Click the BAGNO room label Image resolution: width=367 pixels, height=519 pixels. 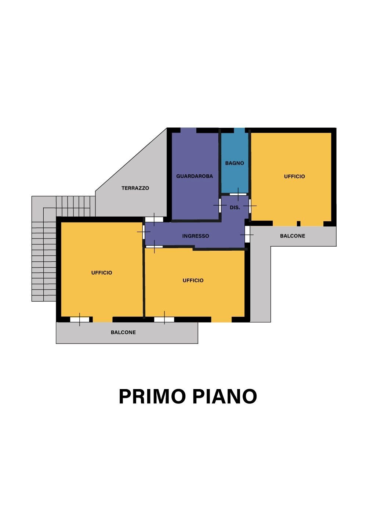[x=235, y=163]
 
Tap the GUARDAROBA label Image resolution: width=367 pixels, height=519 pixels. [x=195, y=176]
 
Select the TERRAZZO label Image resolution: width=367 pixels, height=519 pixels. [x=135, y=188]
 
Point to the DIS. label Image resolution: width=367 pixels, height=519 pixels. [x=235, y=207]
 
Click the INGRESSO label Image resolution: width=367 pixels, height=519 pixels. [x=196, y=236]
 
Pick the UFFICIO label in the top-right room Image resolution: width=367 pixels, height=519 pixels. [x=294, y=177]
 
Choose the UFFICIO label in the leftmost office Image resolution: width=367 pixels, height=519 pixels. [x=102, y=273]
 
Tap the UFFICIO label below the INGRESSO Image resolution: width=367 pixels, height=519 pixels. [x=193, y=280]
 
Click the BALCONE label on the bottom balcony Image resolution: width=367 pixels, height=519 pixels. [x=123, y=332]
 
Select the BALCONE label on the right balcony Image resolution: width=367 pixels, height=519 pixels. [x=292, y=236]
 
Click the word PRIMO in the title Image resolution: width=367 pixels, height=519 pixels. [x=152, y=396]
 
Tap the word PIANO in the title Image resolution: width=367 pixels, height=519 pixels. [x=225, y=396]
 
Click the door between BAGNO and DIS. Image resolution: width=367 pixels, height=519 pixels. [x=238, y=194]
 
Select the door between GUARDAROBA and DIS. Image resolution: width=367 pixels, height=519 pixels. [x=220, y=205]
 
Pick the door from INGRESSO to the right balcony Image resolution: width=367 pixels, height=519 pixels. [x=247, y=234]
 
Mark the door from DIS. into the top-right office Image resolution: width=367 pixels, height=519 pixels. [x=250, y=206]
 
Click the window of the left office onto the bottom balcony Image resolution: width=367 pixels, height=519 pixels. [x=80, y=319]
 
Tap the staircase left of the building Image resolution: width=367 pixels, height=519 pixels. [x=44, y=257]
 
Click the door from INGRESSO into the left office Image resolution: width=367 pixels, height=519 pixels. [x=143, y=232]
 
